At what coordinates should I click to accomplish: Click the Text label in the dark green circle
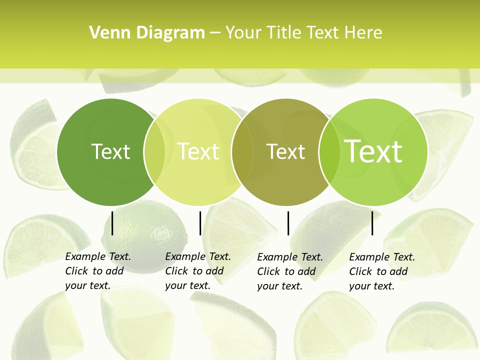click(x=110, y=151)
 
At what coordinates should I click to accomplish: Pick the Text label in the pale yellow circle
click(x=198, y=151)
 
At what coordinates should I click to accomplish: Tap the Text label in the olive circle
click(x=285, y=151)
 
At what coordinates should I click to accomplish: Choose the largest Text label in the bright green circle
click(x=373, y=151)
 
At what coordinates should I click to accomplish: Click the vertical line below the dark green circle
click(x=112, y=223)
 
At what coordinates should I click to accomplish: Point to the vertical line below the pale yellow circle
click(x=200, y=223)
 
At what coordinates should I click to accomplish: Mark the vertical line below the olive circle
click(x=288, y=223)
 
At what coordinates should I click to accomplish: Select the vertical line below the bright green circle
click(x=372, y=223)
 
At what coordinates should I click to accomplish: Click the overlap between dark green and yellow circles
click(x=154, y=152)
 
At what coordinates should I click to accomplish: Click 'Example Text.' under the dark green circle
click(x=98, y=256)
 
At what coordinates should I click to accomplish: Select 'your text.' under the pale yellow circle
click(x=187, y=285)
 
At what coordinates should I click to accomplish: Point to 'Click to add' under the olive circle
click(x=286, y=271)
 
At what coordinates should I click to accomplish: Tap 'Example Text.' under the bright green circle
click(x=382, y=257)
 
